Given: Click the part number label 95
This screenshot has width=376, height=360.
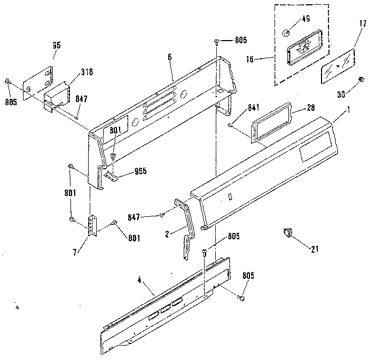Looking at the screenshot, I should click(57, 45).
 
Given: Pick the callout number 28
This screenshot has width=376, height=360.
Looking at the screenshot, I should click(310, 109).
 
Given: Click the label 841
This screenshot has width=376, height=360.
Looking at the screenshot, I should click(240, 109).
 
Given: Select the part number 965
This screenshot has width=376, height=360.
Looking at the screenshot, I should click(140, 171).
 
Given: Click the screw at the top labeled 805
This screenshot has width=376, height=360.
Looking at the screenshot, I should click(215, 41).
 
